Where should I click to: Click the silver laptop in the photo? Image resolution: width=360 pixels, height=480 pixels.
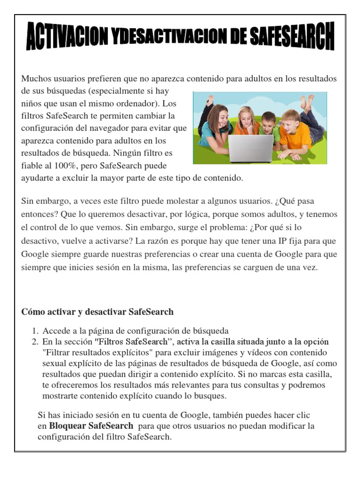(x=251, y=148)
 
